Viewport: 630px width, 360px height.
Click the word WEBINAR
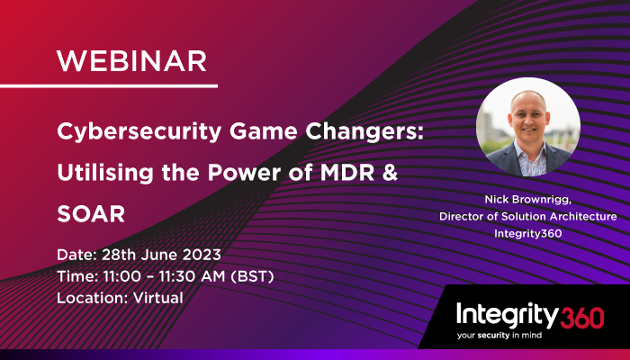click(x=131, y=60)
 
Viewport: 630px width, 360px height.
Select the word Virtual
click(x=153, y=298)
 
